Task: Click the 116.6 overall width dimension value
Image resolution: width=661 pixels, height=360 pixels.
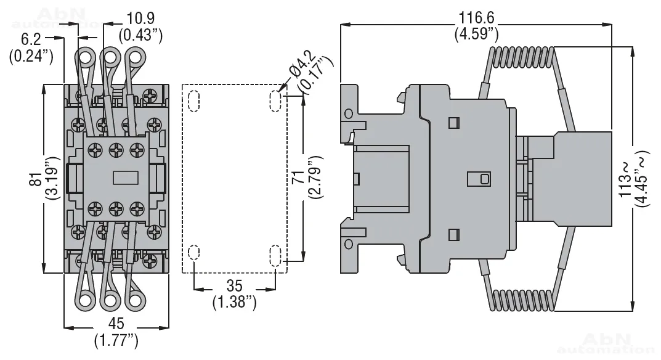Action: click(476, 18)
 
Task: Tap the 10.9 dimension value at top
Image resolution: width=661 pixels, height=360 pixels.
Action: click(141, 18)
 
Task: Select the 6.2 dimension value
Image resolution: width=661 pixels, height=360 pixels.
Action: click(31, 39)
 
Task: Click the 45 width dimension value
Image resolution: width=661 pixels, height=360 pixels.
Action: click(116, 323)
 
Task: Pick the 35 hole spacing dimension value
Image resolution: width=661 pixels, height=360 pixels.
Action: click(234, 286)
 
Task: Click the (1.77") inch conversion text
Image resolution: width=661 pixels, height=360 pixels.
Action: click(116, 340)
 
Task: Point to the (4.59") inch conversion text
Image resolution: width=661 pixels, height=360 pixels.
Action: click(476, 33)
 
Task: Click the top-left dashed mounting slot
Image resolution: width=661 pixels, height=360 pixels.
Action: click(194, 101)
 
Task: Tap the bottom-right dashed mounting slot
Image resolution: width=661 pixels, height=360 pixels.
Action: click(275, 256)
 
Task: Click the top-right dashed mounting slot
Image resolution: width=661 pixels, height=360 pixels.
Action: click(275, 101)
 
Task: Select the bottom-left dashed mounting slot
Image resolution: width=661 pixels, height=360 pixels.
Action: click(194, 252)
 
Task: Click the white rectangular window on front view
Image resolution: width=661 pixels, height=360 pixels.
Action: click(126, 178)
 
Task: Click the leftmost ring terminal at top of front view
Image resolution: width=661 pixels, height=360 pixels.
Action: click(86, 59)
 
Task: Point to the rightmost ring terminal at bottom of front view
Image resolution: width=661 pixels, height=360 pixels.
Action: click(135, 300)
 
